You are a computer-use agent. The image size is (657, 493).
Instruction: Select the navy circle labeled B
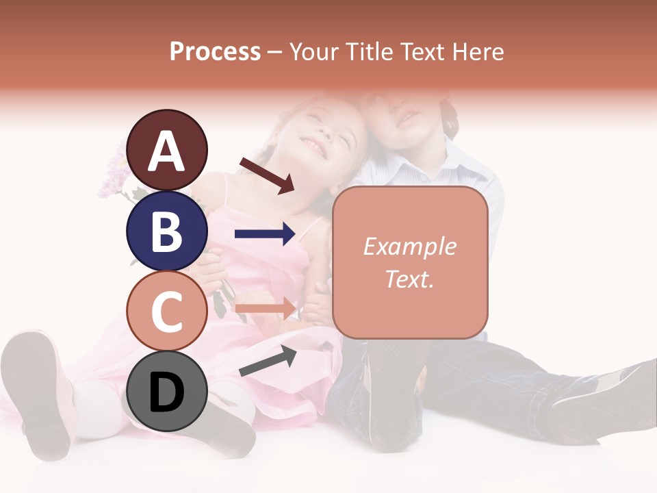[x=167, y=231]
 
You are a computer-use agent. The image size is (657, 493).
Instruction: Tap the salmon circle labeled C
[x=167, y=312]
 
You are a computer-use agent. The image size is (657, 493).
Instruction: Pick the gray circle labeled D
[x=167, y=392]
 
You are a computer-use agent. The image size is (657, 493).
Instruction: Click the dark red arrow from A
[x=267, y=175]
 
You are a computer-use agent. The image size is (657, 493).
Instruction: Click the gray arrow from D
[x=268, y=362]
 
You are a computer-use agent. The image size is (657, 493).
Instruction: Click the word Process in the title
[x=215, y=51]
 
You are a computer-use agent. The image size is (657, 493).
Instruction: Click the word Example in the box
[x=409, y=246]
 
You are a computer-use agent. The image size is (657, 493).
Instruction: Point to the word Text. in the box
[x=409, y=279]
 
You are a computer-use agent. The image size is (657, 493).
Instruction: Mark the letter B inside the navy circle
[x=167, y=231]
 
